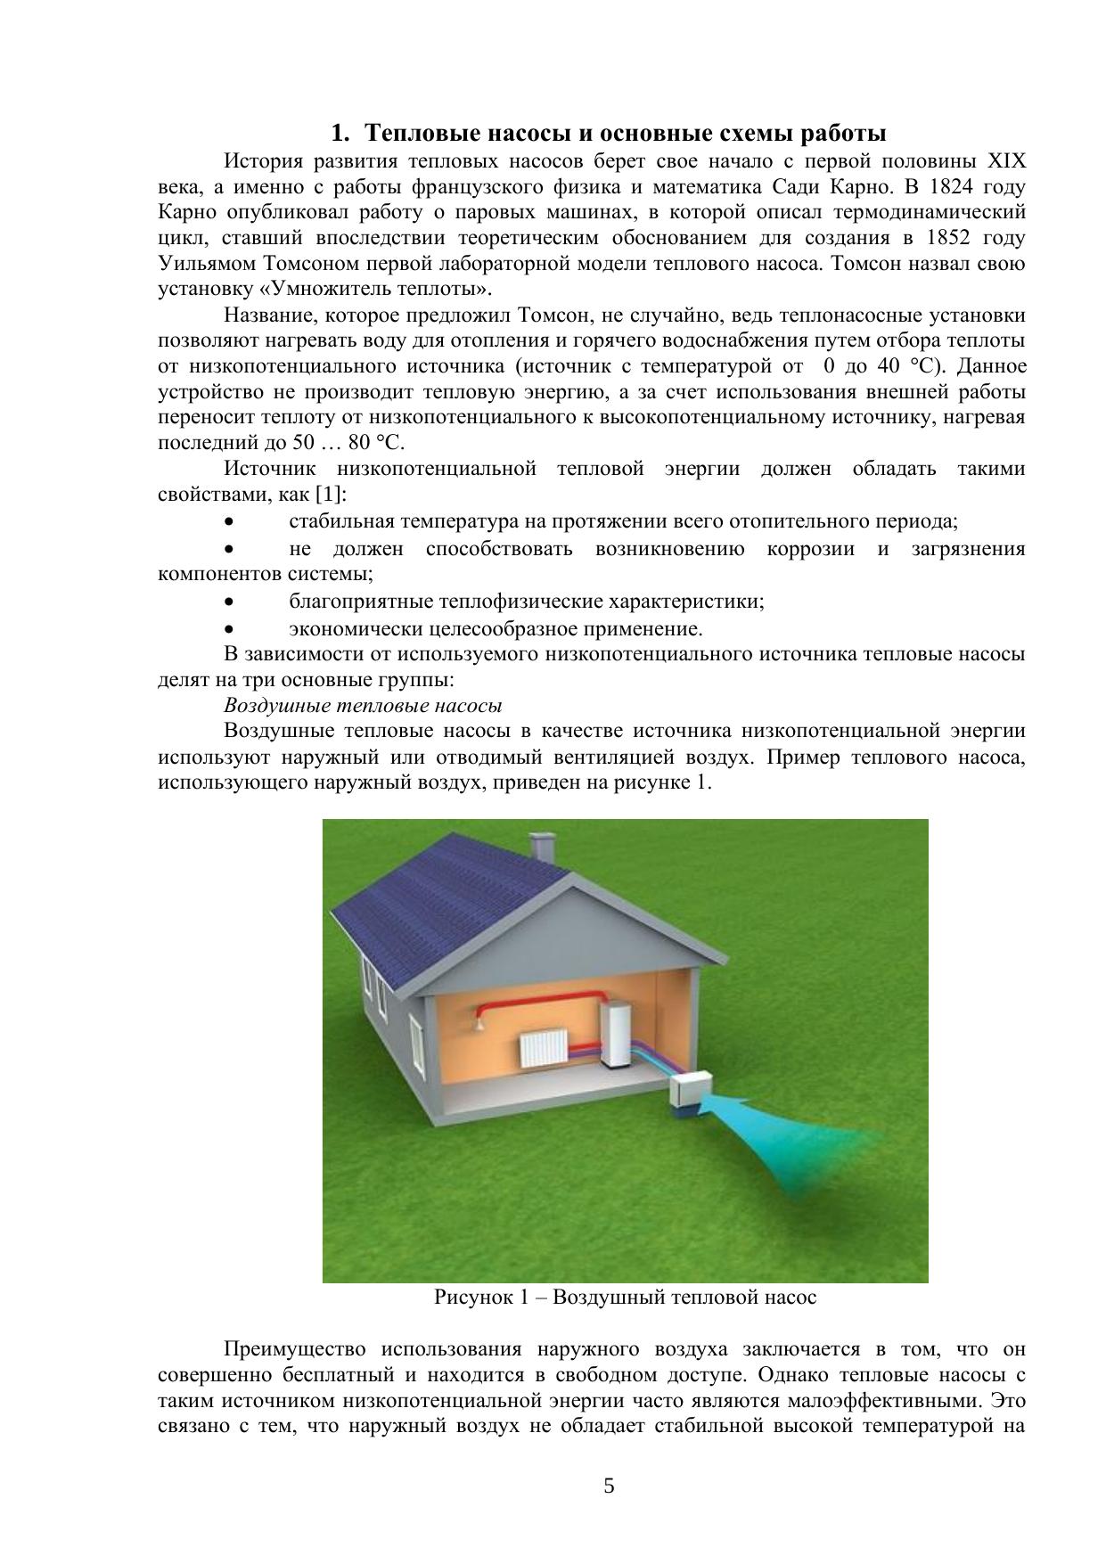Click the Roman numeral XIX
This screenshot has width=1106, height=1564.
(x=1007, y=161)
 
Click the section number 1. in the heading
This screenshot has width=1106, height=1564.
(x=340, y=134)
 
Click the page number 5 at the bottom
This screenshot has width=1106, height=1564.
(x=610, y=1486)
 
